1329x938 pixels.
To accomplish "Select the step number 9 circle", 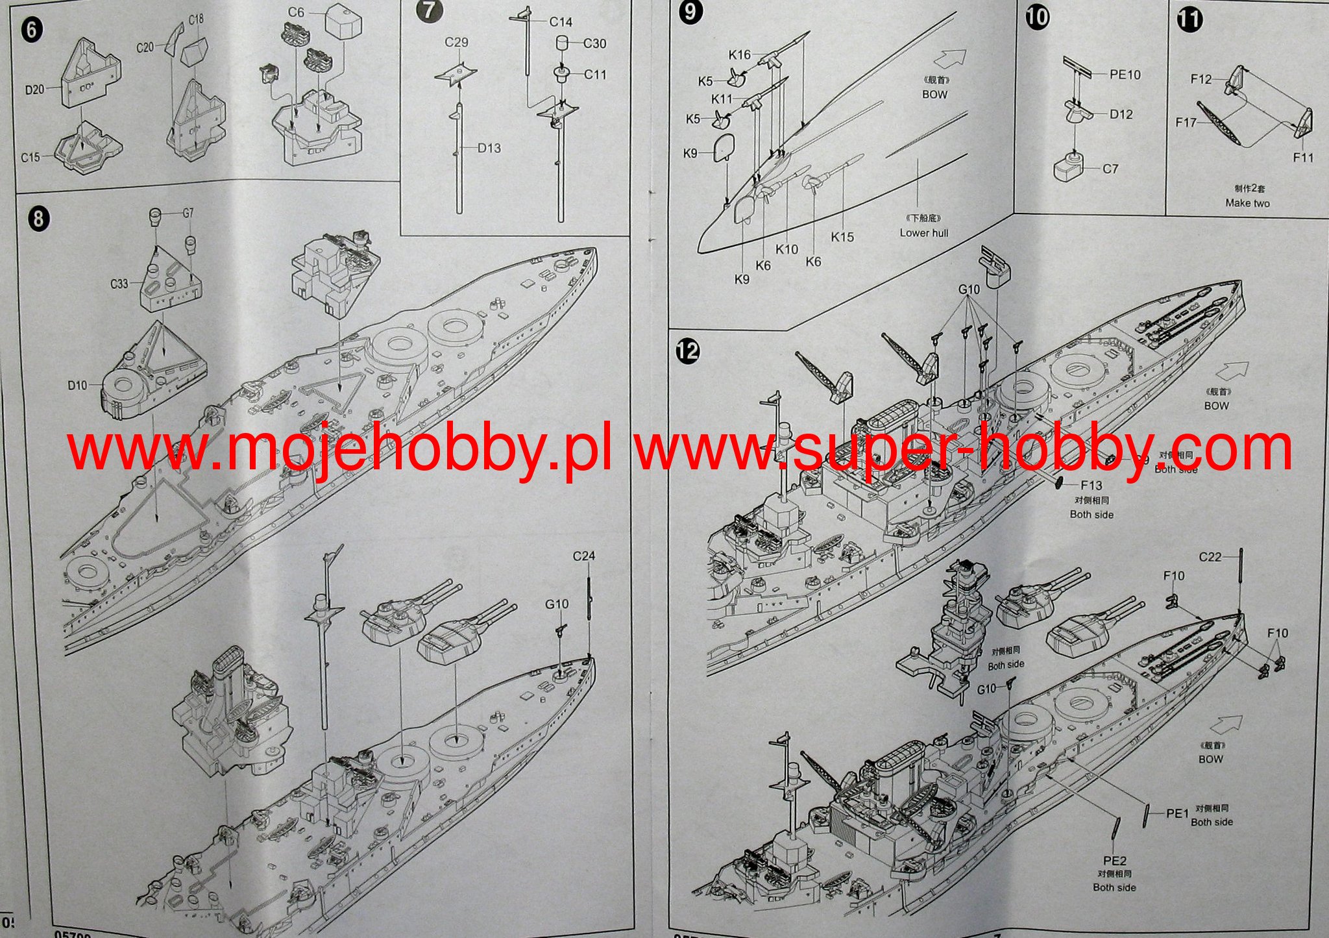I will (x=690, y=13).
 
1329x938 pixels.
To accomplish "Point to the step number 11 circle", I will (x=1189, y=19).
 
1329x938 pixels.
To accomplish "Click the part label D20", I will (x=35, y=90).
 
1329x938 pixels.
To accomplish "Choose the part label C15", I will (x=30, y=158).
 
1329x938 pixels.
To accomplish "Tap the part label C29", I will (x=456, y=43).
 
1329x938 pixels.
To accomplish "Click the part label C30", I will (x=594, y=44).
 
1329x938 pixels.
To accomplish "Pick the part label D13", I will (x=489, y=149).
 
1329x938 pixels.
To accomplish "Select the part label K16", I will (x=739, y=55).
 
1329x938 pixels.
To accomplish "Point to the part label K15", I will (x=842, y=238).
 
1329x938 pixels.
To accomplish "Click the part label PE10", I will (x=1125, y=75).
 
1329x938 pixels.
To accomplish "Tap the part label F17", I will (x=1186, y=122).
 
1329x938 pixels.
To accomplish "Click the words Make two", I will (x=1247, y=203).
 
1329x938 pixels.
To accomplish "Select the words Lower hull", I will (x=923, y=233).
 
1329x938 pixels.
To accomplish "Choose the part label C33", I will (x=119, y=284).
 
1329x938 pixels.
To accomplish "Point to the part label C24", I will (x=584, y=556).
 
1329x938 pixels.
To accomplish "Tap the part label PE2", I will (x=1114, y=863).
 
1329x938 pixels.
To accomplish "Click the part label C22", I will (x=1210, y=557).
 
